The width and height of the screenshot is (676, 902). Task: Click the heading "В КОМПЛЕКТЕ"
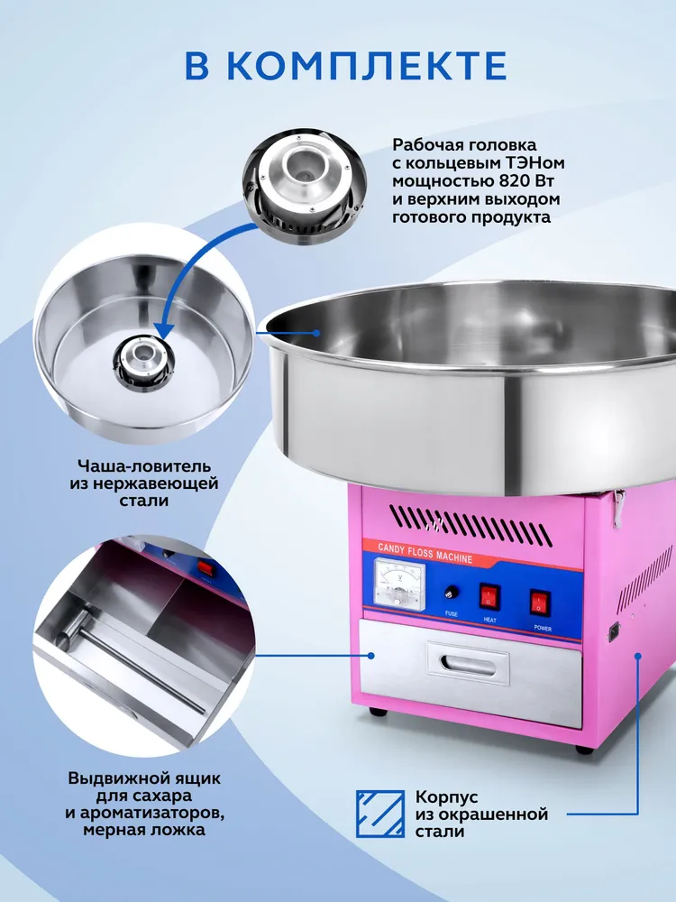pos(345,66)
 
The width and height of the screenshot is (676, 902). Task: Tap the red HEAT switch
pos(489,596)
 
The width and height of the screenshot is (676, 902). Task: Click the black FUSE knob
pos(452,593)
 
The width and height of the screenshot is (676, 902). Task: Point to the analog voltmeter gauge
pos(399,584)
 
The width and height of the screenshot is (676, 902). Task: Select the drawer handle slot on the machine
pos(468,665)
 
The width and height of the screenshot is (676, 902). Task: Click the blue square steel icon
pos(380,814)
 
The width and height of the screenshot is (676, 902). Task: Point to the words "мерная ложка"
pos(143,830)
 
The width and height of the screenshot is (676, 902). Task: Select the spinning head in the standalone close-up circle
pos(304,188)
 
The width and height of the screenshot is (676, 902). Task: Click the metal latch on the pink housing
pos(618,506)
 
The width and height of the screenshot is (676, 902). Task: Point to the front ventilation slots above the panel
pos(470,526)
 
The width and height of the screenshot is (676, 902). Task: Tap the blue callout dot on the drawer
pos(371,655)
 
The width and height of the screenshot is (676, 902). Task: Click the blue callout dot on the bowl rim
pos(315,333)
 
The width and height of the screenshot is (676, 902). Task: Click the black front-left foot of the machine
pos(378,712)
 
